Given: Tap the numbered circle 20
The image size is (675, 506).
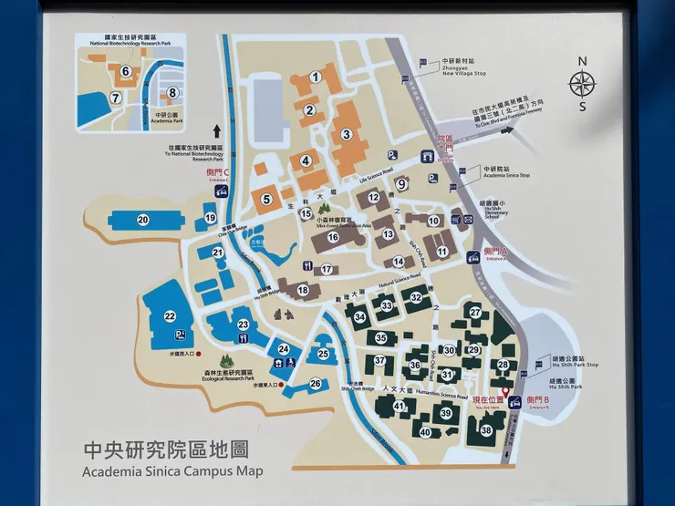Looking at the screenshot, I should click(143, 219).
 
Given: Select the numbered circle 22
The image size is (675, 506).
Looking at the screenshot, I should click(170, 316).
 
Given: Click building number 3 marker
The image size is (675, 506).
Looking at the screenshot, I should click(346, 134).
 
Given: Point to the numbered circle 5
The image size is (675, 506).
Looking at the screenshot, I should click(267, 199).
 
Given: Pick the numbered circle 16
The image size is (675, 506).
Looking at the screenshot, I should click(334, 237).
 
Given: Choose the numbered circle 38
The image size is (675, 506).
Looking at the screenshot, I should click(486, 429).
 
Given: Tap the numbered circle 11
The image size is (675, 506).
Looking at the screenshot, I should click(441, 252).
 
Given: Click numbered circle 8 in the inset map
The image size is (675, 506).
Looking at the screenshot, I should click(171, 92).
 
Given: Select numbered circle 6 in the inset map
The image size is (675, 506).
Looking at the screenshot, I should click(125, 70).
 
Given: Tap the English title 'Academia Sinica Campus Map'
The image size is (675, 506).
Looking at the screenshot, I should click(172, 471).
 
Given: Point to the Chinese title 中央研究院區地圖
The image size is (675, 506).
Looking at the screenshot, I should click(165, 450).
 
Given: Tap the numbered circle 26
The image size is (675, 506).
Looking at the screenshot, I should click(315, 384).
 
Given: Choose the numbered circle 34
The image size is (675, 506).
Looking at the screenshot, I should click(360, 317).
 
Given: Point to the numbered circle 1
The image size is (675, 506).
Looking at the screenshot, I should click(316, 77).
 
